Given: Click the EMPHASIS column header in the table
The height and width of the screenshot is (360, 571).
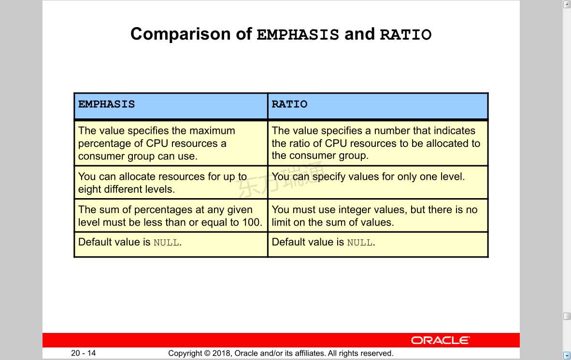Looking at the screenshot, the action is (106, 104).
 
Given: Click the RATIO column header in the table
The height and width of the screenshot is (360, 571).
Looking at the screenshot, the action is (289, 104).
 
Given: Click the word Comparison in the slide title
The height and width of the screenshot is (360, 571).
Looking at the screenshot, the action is (180, 34).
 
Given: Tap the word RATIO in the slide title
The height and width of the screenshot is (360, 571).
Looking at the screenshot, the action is (406, 35).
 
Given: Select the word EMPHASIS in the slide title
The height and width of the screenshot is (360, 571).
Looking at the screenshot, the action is (298, 35).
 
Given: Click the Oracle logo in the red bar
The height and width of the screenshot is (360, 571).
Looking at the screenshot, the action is (440, 340).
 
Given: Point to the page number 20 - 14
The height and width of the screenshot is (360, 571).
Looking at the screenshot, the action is (84, 353).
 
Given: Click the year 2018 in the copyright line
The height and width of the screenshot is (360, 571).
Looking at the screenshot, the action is (222, 353).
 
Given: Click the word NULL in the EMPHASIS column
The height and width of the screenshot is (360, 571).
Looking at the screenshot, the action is (166, 243).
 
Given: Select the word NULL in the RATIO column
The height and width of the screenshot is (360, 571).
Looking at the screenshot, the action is (360, 243).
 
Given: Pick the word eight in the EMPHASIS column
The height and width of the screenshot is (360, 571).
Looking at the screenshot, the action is (89, 189).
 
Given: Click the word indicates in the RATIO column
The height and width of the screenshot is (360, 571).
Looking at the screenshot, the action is (455, 130).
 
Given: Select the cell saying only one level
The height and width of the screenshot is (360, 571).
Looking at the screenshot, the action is (378, 182).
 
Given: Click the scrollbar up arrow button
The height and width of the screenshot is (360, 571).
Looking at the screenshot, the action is (567, 4).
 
